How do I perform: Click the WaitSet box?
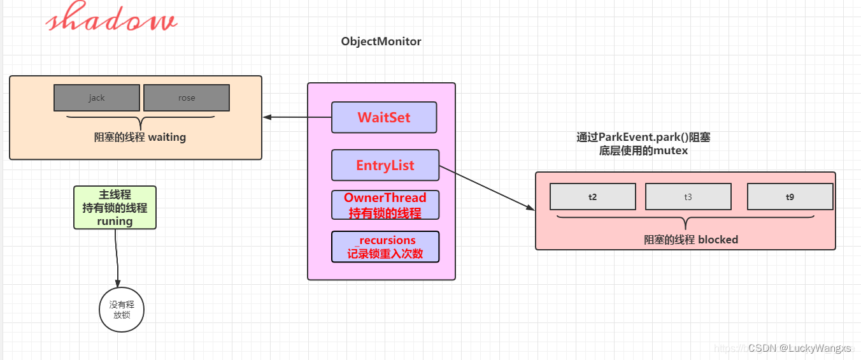384,117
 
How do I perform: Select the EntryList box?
385,165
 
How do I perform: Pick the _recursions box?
385,247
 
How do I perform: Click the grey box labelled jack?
97,97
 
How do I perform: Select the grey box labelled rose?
187,97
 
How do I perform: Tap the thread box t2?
593,197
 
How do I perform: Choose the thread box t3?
688,197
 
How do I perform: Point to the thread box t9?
790,197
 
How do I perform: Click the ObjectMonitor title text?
381,41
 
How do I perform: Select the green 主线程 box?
115,207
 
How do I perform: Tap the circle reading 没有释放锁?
122,310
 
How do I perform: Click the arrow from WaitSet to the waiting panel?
297,117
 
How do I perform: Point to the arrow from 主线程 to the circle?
117,258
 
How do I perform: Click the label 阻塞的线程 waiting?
140,137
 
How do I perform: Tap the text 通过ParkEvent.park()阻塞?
643,137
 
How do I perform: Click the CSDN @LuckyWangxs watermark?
799,348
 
